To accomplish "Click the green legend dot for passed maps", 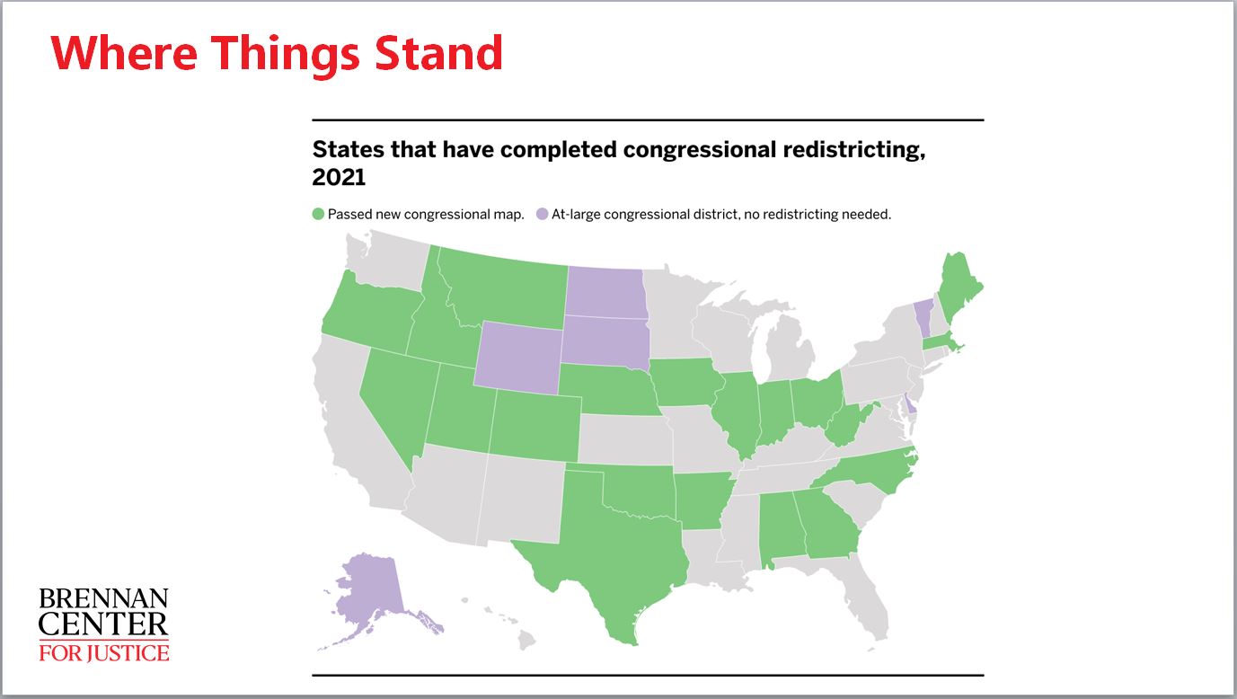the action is (318, 214).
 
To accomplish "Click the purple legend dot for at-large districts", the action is (543, 214).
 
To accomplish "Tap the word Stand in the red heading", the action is (438, 53).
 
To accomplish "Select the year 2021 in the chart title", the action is (339, 177).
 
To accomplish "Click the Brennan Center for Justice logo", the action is (103, 625).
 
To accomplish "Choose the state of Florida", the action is (861, 597).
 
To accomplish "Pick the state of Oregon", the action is (371, 312).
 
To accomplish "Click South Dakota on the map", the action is (605, 341).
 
